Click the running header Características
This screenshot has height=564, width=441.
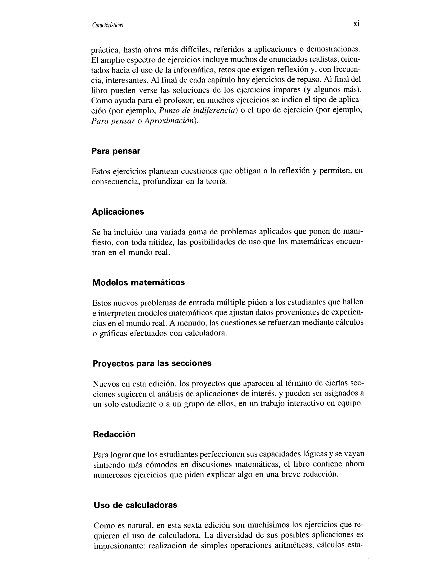[107, 25]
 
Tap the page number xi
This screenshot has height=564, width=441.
[356, 24]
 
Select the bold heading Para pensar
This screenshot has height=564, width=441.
[116, 151]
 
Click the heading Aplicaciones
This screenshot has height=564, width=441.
[118, 212]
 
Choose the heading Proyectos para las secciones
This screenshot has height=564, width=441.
[152, 363]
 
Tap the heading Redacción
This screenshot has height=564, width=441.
[114, 434]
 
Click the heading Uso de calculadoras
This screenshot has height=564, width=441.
[135, 505]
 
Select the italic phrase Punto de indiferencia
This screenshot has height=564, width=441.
[197, 111]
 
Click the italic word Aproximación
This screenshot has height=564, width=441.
[170, 121]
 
